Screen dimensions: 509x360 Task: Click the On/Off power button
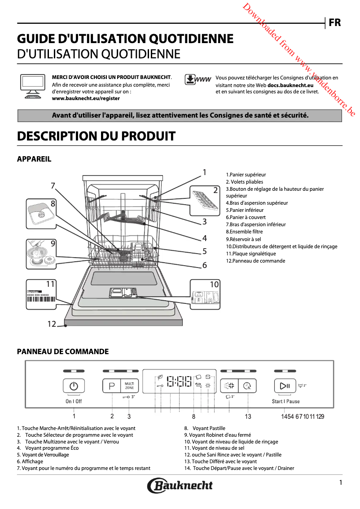(74, 386)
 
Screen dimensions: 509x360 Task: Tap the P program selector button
(112, 386)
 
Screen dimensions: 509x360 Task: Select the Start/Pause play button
(285, 386)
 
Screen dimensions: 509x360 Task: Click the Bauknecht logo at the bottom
(180, 485)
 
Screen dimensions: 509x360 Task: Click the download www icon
(198, 79)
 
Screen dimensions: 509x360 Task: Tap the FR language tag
(334, 22)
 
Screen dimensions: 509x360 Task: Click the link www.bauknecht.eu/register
(86, 98)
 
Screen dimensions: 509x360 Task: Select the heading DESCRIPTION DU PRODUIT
(96, 136)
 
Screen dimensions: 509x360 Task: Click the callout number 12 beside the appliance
(52, 324)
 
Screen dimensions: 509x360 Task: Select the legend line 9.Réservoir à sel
(243, 239)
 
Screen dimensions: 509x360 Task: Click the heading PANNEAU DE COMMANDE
(63, 351)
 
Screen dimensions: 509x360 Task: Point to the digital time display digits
(179, 382)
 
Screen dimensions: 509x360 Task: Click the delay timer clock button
(247, 386)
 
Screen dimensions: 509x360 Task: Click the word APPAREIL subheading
(34, 159)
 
